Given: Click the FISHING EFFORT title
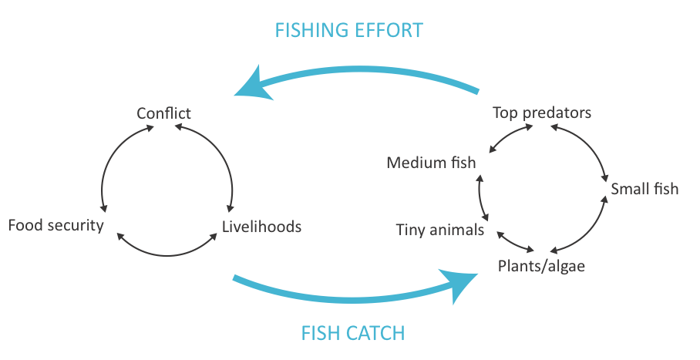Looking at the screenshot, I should tap(348, 31).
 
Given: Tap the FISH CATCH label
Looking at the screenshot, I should tap(352, 333).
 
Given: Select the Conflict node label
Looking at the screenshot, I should tap(163, 113).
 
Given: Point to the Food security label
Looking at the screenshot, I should tap(55, 226).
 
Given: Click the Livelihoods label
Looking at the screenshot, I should tap(261, 227).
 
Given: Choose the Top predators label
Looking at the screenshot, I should tap(542, 113).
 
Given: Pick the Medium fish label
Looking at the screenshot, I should tap(431, 163).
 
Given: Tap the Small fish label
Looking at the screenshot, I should tap(644, 188).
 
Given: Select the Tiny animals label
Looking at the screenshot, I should tap(439, 230).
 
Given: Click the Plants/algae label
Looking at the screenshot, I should tap(542, 267).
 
